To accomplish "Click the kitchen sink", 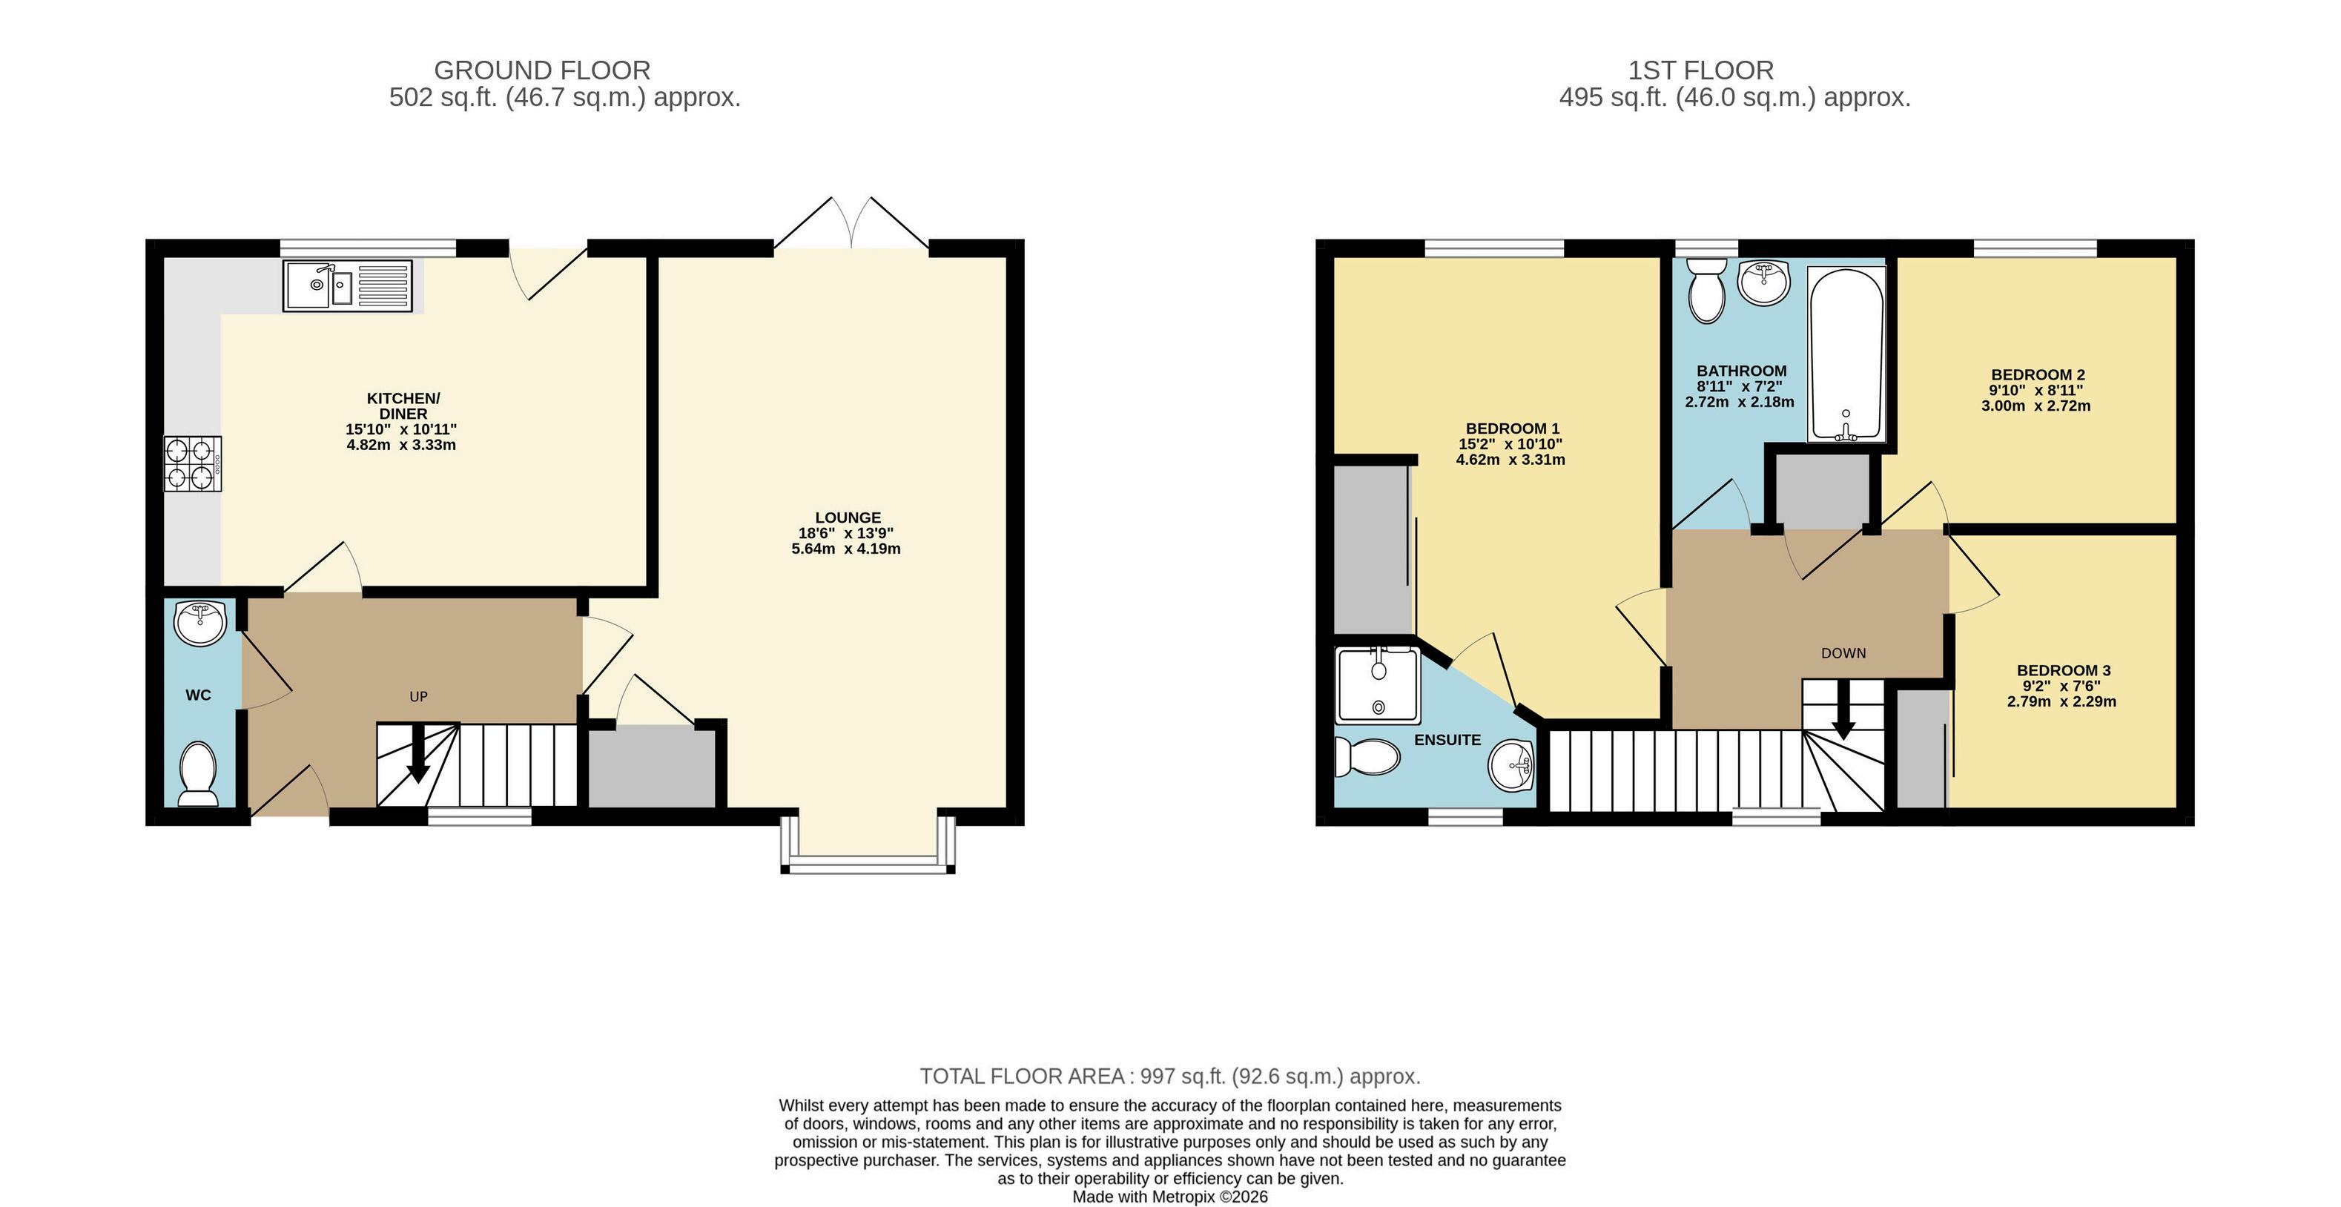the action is pyautogui.click(x=348, y=286).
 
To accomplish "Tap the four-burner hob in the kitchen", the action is pyautogui.click(x=193, y=463).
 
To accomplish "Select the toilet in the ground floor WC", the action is pyautogui.click(x=198, y=773).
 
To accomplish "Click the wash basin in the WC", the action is pyautogui.click(x=201, y=623).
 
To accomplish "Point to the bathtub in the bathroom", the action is pyautogui.click(x=1846, y=354).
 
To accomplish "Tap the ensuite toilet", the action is pyautogui.click(x=1367, y=756).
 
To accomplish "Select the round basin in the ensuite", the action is pyautogui.click(x=1511, y=765).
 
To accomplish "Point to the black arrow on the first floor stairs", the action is pyautogui.click(x=1843, y=709).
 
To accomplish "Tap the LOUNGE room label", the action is pyautogui.click(x=848, y=517).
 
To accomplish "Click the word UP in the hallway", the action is pyautogui.click(x=418, y=697).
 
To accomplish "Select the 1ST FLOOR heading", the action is pyautogui.click(x=1700, y=70).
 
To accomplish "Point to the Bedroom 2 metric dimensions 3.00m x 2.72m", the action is pyautogui.click(x=2035, y=406).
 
